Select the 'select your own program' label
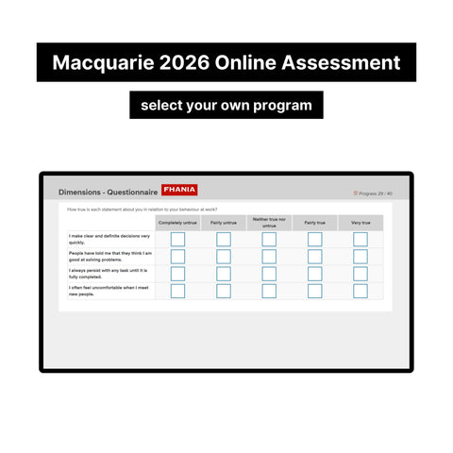(x=226, y=105)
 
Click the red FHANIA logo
(x=179, y=191)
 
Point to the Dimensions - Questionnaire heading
(x=108, y=192)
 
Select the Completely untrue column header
(x=177, y=223)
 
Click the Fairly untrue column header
(x=224, y=223)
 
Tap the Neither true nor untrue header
(x=269, y=223)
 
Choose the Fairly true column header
(x=314, y=223)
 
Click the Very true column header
(x=360, y=223)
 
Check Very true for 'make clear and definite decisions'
(x=360, y=240)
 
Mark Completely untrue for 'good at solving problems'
(x=177, y=257)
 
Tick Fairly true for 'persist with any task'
(x=314, y=274)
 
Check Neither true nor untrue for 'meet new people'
(x=269, y=291)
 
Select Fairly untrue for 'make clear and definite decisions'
(x=224, y=240)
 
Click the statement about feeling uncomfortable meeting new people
(x=109, y=291)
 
